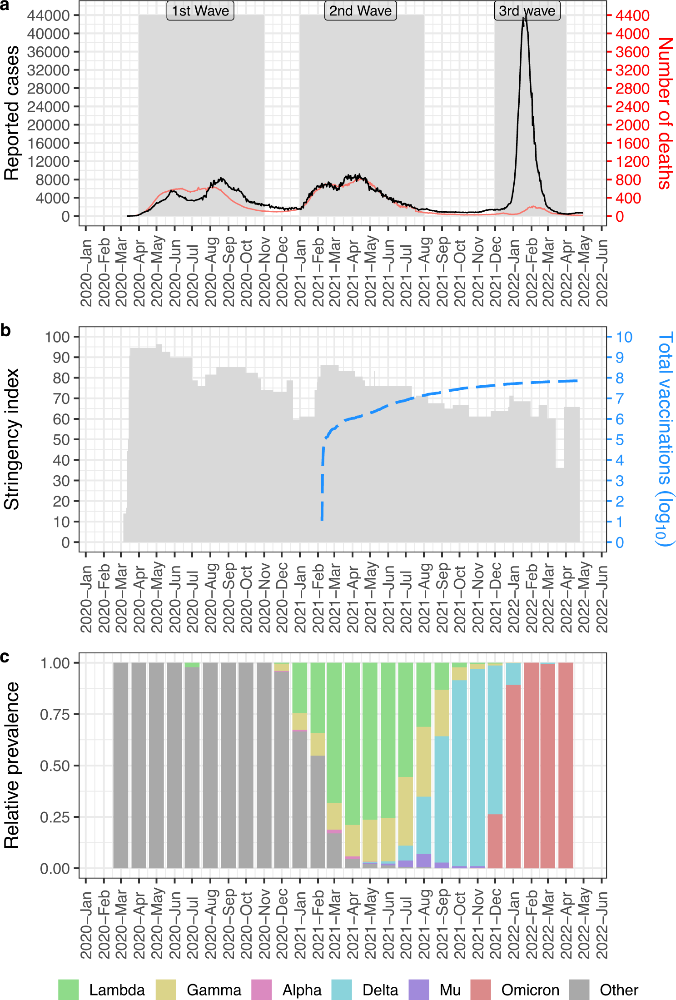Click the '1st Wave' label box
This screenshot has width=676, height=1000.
[x=200, y=10]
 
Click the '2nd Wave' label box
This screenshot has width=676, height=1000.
[x=360, y=10]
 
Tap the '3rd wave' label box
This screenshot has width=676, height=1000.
[x=527, y=10]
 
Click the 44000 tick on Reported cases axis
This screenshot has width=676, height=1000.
[x=48, y=15]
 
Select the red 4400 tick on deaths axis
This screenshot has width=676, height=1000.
[x=632, y=15]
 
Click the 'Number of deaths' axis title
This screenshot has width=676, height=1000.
[x=665, y=114]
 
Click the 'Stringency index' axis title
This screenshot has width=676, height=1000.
[x=12, y=439]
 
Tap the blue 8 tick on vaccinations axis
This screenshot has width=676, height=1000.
[x=620, y=378]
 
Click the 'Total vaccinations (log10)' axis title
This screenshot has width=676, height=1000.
[x=665, y=439]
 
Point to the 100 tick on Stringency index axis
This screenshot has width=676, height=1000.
[x=57, y=337]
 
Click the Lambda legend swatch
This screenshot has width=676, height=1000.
[x=69, y=990]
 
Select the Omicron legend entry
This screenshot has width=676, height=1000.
[x=530, y=990]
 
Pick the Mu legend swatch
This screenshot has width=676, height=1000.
[x=419, y=990]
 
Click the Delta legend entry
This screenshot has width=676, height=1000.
[x=380, y=990]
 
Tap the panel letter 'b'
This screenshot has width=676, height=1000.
[x=5, y=330]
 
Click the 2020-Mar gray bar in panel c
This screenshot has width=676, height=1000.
[x=121, y=765]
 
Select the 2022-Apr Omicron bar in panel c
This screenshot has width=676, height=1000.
[x=566, y=765]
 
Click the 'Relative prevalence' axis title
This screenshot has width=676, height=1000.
[x=12, y=765]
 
